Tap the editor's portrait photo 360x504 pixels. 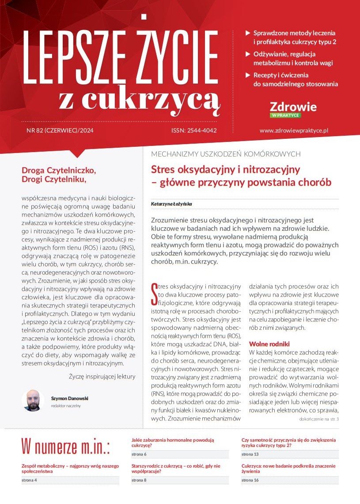33,400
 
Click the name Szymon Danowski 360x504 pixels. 69,397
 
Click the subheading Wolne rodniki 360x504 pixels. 269,344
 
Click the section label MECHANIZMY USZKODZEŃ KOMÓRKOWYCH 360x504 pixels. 226,154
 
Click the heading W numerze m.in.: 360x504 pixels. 65,447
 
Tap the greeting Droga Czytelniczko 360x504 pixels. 58,169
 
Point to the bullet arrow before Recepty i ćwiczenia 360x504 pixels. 248,75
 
